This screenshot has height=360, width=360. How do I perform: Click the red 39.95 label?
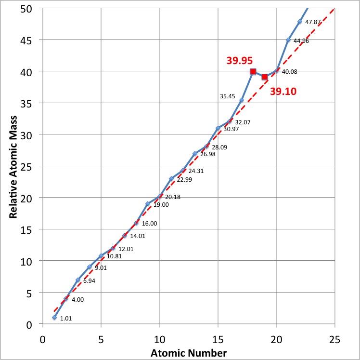(240, 61)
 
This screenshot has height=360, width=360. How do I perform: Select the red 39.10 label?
(283, 92)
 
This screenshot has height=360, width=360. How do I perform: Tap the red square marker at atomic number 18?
(253, 71)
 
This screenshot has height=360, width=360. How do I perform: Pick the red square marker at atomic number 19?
(265, 77)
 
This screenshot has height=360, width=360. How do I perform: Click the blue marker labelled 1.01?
(54, 318)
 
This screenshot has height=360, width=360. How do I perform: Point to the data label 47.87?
(313, 22)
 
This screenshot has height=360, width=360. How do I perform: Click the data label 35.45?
(227, 96)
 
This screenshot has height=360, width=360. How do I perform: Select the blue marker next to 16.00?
(136, 223)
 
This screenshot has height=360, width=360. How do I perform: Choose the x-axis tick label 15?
(218, 339)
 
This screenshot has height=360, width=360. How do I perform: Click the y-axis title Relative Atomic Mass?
(13, 167)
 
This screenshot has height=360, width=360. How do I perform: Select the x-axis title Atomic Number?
(189, 353)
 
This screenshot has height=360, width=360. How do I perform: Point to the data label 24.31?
(196, 171)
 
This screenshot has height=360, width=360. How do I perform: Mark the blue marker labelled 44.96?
(288, 40)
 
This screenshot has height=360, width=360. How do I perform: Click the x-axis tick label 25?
(334, 339)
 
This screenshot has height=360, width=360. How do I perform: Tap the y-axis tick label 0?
(29, 325)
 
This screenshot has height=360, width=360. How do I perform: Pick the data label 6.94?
(89, 281)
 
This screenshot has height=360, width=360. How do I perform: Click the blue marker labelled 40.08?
(276, 71)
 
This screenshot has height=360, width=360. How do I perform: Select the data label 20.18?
(173, 197)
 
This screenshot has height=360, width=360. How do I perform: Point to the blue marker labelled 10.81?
(101, 255)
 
